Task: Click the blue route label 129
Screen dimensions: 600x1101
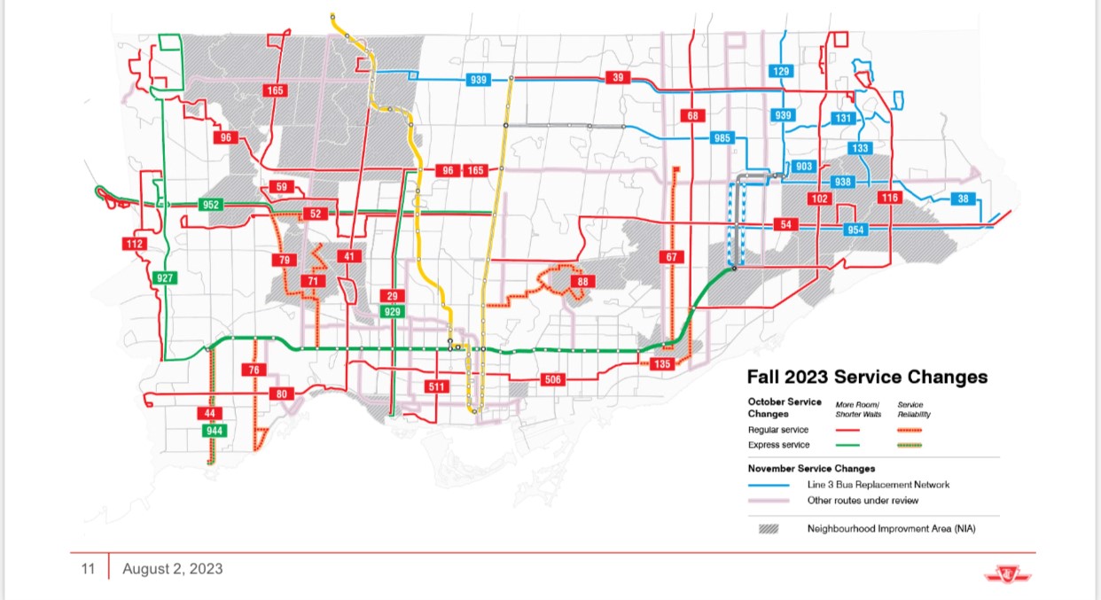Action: (781, 71)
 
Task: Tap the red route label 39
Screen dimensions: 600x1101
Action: (617, 78)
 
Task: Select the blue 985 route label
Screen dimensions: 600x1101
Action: (722, 138)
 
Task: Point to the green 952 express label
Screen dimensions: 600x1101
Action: (211, 205)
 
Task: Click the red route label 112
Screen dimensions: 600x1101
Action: (135, 244)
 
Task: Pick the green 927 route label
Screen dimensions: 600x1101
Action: (165, 277)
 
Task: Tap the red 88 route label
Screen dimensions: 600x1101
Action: (582, 282)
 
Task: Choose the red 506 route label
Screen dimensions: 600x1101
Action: (552, 380)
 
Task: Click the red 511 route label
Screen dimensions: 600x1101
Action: (436, 386)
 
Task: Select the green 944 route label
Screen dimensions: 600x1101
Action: (214, 431)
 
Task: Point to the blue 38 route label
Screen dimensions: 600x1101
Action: (963, 199)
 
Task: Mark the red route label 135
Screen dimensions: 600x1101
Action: (662, 364)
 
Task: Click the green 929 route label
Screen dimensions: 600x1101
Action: (392, 311)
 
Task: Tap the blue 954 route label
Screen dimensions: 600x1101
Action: (855, 230)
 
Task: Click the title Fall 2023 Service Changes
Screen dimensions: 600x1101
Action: (867, 377)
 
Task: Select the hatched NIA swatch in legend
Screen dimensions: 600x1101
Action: (769, 529)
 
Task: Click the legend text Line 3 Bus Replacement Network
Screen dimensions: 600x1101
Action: (878, 485)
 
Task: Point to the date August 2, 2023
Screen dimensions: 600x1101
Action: (172, 568)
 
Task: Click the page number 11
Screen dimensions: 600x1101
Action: (88, 568)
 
